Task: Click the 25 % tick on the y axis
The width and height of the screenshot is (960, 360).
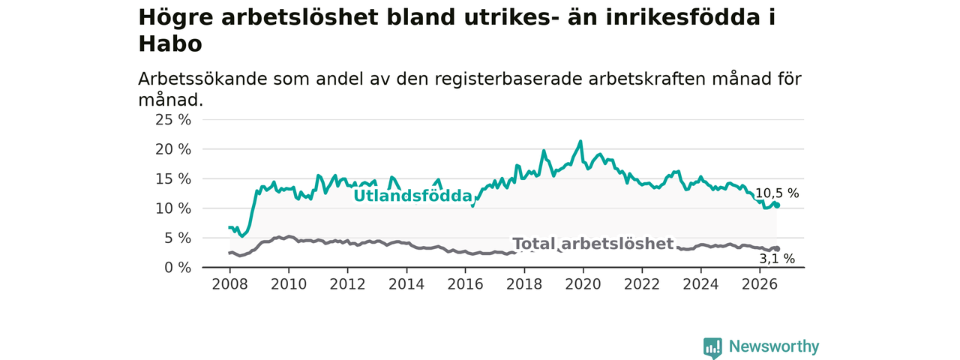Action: (173, 120)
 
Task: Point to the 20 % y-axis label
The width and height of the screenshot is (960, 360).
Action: (173, 149)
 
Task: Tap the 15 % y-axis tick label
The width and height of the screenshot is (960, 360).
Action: (173, 179)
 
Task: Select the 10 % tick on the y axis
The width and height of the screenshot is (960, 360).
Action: (173, 208)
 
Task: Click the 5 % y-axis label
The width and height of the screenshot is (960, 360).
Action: (178, 238)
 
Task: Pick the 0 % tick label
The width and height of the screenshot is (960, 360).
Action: (178, 268)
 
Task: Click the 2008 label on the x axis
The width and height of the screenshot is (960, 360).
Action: (229, 284)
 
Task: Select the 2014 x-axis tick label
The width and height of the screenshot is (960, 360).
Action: (406, 284)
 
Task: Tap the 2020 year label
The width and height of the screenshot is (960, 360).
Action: (583, 284)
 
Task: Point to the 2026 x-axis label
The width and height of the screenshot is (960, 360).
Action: (760, 284)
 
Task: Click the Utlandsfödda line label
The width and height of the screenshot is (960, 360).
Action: (412, 196)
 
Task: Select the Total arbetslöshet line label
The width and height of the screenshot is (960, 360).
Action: (593, 244)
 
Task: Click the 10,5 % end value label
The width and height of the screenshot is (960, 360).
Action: (777, 193)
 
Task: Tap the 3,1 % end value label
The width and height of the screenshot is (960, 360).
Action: (777, 259)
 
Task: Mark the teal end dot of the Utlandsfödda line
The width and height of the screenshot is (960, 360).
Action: (777, 205)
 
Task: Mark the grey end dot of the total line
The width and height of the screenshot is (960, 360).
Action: (777, 248)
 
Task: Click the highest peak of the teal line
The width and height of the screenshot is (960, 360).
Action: (580, 141)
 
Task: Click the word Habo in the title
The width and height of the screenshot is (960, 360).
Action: (170, 43)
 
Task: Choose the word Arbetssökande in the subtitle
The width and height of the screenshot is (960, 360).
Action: (202, 79)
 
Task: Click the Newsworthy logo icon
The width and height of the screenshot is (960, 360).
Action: (712, 347)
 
